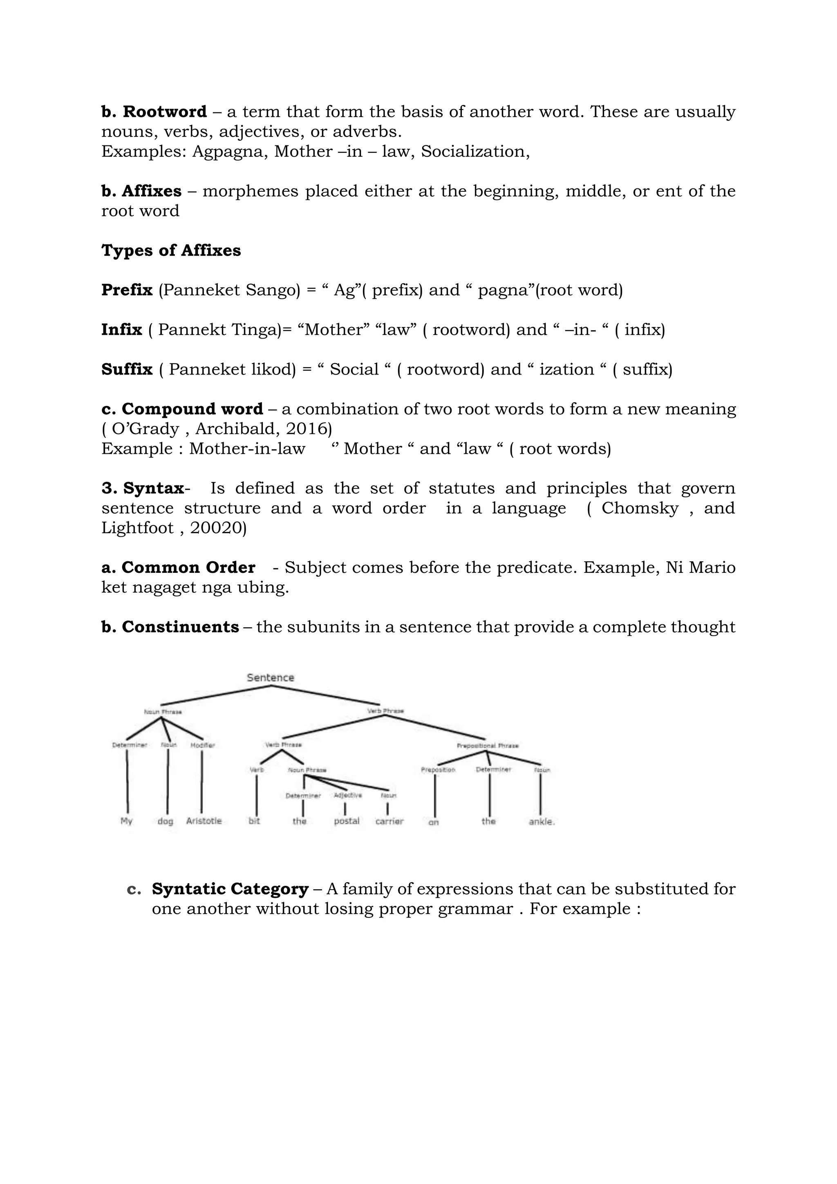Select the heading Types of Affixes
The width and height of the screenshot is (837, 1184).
coord(171,251)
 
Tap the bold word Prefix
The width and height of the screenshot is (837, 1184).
coord(127,290)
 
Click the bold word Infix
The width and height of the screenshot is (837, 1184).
coord(122,330)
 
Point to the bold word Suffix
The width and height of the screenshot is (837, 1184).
coord(127,369)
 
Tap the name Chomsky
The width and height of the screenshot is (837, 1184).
coord(640,509)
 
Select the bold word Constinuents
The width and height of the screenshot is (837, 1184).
coord(180,627)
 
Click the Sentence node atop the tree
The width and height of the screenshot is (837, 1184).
coord(270,677)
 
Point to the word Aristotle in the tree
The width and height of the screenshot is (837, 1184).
coord(204,821)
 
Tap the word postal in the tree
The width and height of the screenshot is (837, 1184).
coord(346,821)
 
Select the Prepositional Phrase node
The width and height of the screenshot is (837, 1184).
coord(488,746)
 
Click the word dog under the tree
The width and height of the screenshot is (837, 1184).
coord(166,821)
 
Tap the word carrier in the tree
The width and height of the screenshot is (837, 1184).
coord(389,821)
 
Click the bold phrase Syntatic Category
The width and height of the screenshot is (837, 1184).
coord(230,889)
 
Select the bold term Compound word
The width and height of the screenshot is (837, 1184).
coord(192,409)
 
